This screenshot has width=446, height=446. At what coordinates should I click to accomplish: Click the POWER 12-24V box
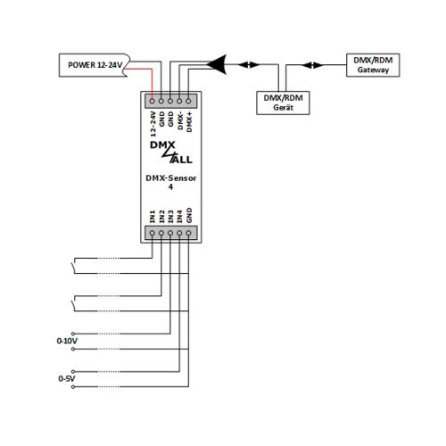click(x=95, y=65)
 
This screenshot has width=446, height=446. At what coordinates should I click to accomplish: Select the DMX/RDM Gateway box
click(x=373, y=65)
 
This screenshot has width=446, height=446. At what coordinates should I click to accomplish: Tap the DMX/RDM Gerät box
click(x=283, y=103)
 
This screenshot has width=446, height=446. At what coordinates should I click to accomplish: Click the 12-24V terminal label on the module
click(x=153, y=124)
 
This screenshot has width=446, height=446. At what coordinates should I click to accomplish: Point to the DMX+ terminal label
click(x=189, y=122)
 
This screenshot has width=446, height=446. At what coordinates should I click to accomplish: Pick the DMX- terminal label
click(x=180, y=120)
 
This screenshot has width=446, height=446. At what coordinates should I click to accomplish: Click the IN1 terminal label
click(x=153, y=217)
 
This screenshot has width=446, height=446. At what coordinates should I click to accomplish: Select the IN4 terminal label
click(x=179, y=217)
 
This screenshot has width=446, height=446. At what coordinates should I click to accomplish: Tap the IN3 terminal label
click(x=170, y=217)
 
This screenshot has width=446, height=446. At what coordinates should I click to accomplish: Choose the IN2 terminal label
click(x=161, y=217)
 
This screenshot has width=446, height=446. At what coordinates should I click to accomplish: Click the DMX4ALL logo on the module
click(x=171, y=153)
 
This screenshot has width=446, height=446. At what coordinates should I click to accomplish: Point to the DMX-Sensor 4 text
click(x=171, y=182)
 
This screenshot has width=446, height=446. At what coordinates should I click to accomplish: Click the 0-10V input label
click(x=67, y=341)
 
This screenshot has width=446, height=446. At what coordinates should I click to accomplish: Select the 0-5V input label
click(x=67, y=378)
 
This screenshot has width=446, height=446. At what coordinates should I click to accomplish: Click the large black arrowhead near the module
click(x=218, y=64)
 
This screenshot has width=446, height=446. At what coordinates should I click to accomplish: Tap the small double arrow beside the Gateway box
click(x=312, y=65)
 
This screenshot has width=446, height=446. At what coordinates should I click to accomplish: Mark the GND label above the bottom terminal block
click(x=189, y=215)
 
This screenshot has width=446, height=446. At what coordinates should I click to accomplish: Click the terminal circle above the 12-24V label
click(x=153, y=101)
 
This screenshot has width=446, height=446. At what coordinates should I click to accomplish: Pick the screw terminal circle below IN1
click(x=153, y=234)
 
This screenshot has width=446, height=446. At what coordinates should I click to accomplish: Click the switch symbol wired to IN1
click(x=73, y=266)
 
